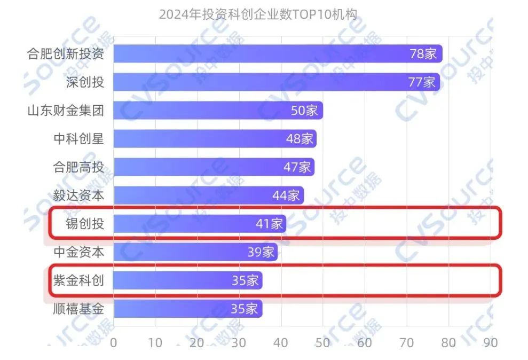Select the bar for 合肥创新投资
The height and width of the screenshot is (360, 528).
[x=278, y=54]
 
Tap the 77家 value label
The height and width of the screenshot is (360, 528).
[x=422, y=82]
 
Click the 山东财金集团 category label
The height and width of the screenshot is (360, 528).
[x=66, y=111]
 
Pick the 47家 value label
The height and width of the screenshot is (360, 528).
[x=297, y=167]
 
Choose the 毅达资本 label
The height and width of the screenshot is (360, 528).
[x=78, y=195]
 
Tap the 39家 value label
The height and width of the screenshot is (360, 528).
[x=261, y=252]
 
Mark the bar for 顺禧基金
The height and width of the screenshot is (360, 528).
[x=187, y=309]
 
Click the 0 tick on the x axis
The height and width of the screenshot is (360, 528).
[x=113, y=342]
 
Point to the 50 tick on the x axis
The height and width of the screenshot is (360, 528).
[x=322, y=342]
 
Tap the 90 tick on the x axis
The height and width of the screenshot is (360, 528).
[x=490, y=342]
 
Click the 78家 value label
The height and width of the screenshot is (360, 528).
[x=423, y=54]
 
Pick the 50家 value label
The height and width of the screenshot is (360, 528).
[x=304, y=111]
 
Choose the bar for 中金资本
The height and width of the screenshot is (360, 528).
[x=195, y=252]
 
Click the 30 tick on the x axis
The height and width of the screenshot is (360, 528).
[x=239, y=342]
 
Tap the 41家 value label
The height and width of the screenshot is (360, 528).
[x=269, y=224]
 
